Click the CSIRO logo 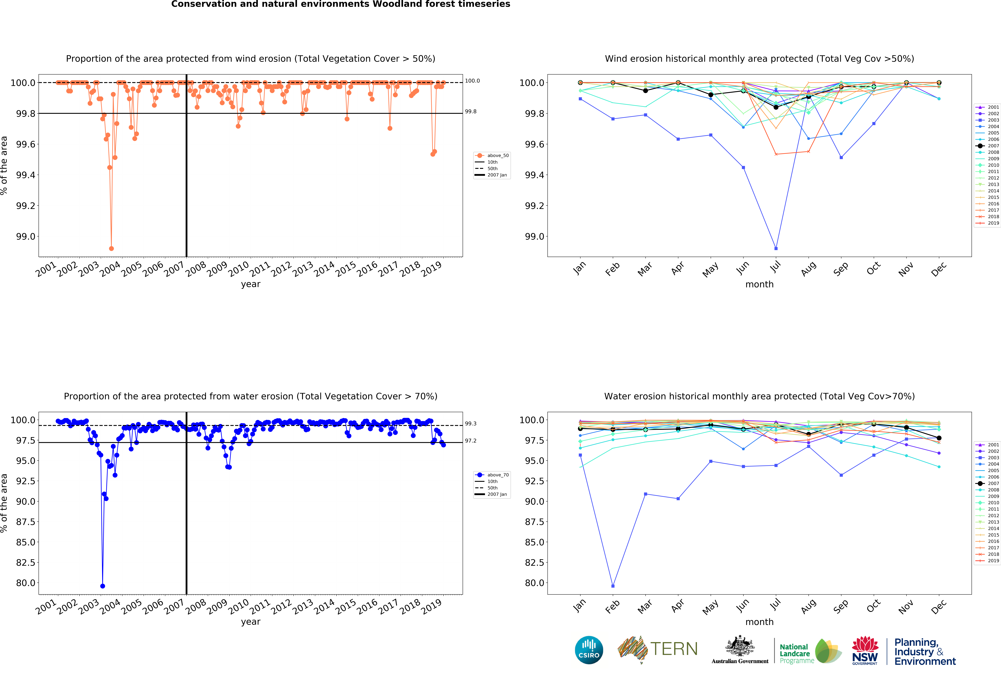pos(589,650)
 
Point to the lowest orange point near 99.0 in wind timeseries pos(112,248)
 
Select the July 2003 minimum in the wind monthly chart pos(776,248)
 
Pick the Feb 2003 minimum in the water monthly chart pos(613,586)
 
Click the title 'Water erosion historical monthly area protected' pos(759,396)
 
